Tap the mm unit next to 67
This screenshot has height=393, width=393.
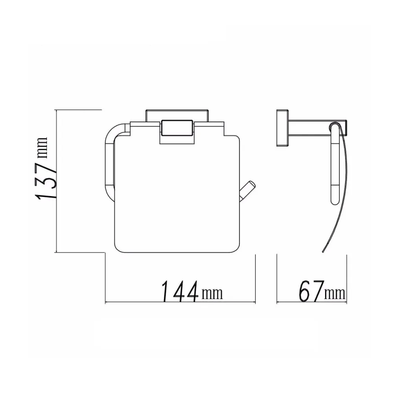[335, 293]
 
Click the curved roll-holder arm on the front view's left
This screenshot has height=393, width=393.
[108, 157]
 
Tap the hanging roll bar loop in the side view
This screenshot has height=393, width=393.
[334, 165]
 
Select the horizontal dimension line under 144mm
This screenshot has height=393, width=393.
[180, 303]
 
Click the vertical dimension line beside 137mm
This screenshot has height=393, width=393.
[57, 181]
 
